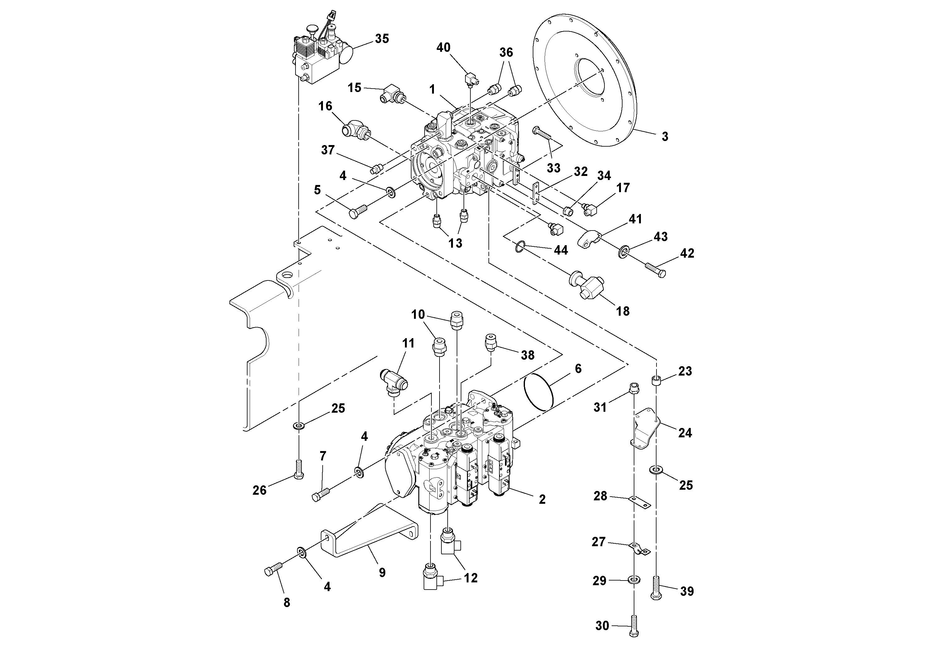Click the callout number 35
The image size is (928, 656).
tap(382, 39)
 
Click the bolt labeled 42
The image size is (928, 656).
tap(655, 270)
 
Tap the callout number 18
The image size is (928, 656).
tap(623, 311)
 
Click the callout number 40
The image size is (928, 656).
tap(443, 48)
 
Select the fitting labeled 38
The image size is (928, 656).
tap(491, 342)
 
